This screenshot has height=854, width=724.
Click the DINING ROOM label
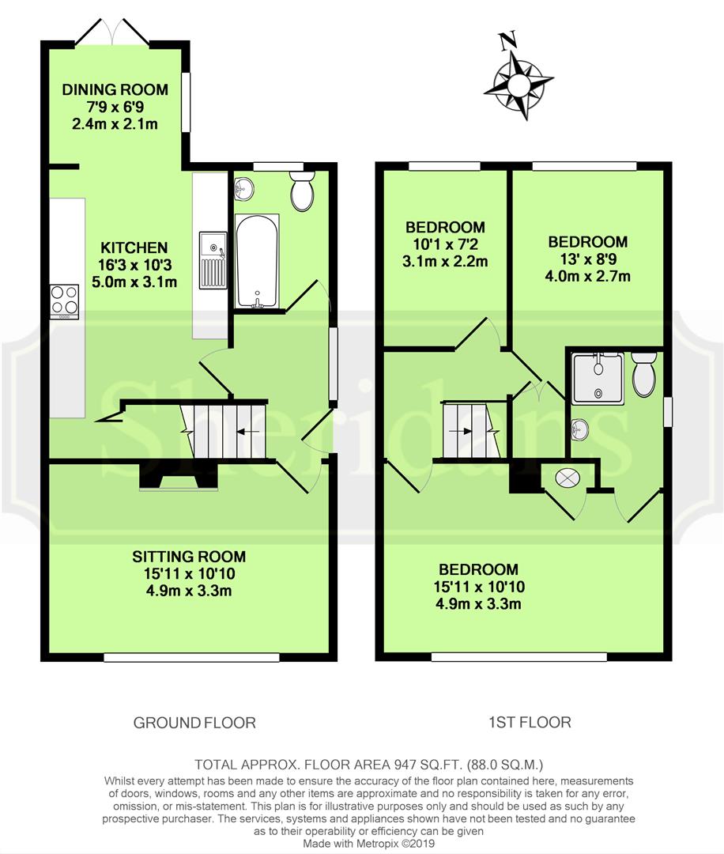[115, 90]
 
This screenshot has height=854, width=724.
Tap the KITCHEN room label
[134, 248]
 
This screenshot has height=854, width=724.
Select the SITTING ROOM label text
[189, 557]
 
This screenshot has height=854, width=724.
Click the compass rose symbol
[518, 85]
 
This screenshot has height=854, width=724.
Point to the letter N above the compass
[507, 40]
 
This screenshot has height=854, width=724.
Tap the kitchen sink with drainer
[213, 260]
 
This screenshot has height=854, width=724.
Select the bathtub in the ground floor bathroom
[257, 262]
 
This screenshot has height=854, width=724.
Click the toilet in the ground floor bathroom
[302, 191]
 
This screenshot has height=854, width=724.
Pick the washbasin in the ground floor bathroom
[243, 189]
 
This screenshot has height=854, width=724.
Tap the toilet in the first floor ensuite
[644, 374]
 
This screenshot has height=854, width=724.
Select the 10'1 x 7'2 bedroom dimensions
[445, 244]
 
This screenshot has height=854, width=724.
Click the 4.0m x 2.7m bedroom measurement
[588, 276]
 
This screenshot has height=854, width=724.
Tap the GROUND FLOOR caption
[194, 723]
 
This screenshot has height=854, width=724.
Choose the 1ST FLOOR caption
[530, 722]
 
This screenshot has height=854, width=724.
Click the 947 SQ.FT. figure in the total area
[417, 765]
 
